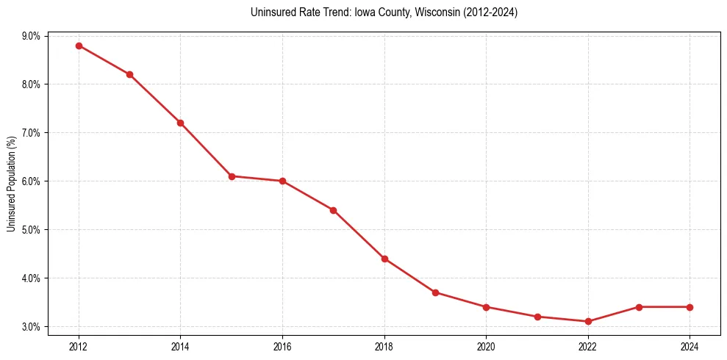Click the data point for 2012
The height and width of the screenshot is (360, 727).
point(79,46)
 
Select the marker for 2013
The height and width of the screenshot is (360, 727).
point(129,74)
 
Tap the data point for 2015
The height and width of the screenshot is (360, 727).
point(232,176)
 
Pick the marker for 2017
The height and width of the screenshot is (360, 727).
point(333,210)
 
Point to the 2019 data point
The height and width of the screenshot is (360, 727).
point(435,292)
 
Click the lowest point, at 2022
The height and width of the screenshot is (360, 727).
point(588,321)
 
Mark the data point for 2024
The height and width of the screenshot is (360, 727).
point(690,307)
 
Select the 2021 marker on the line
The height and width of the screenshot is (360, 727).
point(537,317)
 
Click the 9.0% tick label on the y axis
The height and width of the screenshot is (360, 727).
point(33,36)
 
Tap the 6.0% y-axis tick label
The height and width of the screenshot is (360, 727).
point(33,181)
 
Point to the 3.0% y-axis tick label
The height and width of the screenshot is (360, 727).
point(33,327)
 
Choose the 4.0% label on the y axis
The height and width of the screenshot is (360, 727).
point(33,278)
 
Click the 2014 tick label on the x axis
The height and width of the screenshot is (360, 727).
point(180,345)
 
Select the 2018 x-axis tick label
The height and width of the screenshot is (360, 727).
point(384,345)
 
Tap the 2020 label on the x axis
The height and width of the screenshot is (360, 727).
point(486,345)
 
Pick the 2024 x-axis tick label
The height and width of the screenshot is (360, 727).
point(690,345)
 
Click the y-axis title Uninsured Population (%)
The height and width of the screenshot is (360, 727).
point(11,184)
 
